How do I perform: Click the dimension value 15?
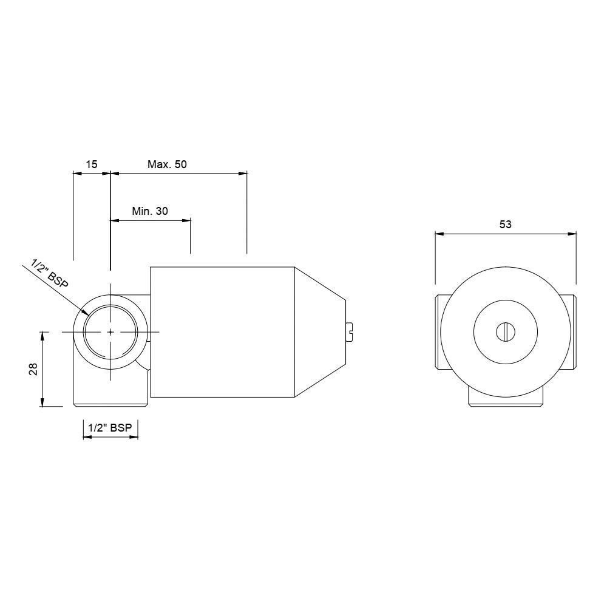(91, 164)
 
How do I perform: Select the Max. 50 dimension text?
(167, 164)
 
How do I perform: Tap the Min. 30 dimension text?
(150, 211)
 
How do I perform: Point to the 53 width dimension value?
(505, 224)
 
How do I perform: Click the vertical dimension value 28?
(33, 369)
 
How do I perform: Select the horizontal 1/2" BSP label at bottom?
(110, 429)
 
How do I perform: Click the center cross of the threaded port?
(110, 331)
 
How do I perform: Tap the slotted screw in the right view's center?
(506, 332)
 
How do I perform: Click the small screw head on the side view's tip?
(350, 331)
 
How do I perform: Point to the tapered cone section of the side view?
(319, 332)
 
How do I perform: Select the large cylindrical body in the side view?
(222, 332)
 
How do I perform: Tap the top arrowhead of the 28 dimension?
(42, 335)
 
